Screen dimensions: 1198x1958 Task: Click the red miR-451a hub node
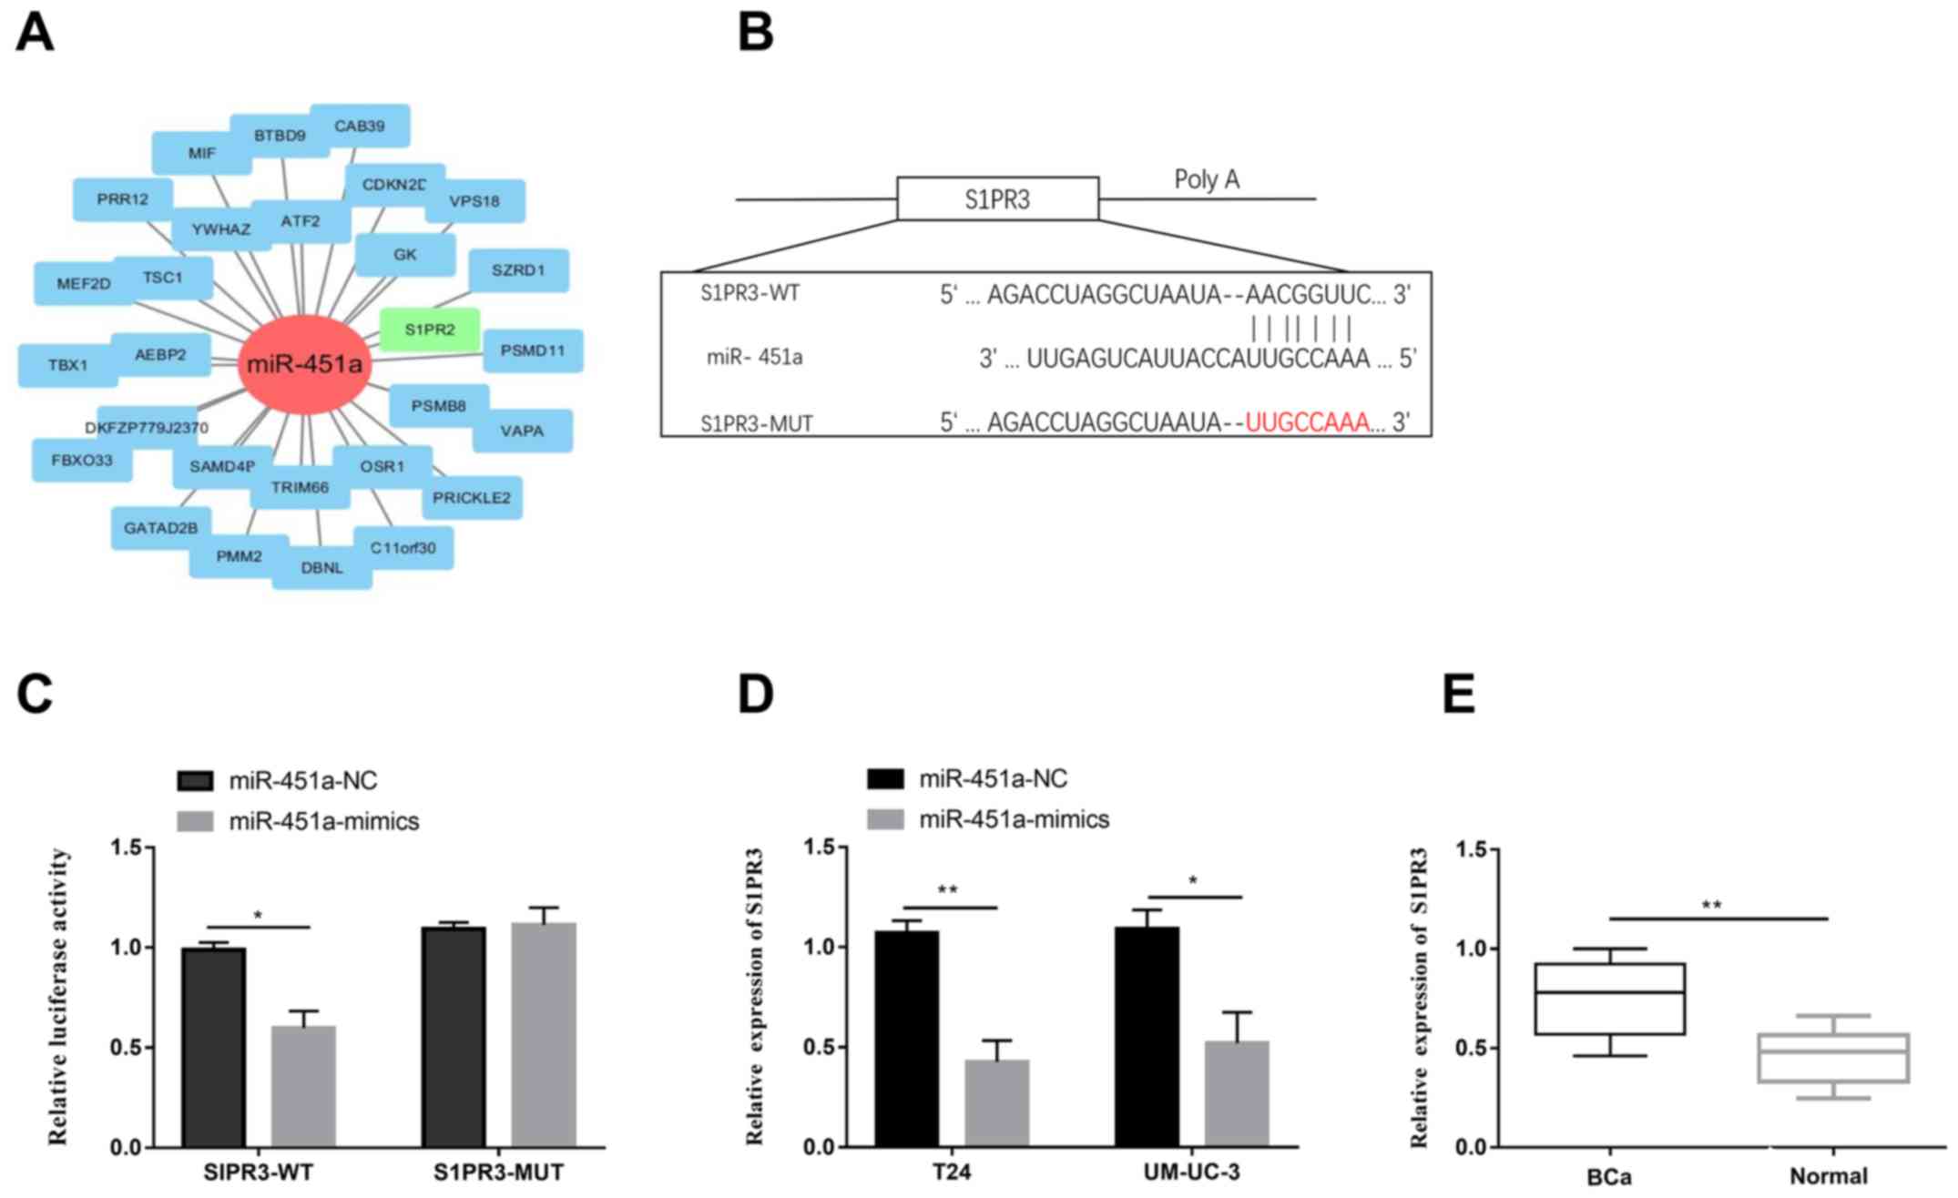click(304, 365)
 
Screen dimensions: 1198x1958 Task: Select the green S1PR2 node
click(430, 330)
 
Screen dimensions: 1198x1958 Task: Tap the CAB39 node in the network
click(360, 126)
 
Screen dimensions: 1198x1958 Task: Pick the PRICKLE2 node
click(472, 498)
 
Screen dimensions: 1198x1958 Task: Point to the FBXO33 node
click(82, 461)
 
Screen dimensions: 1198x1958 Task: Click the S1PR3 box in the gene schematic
click(997, 198)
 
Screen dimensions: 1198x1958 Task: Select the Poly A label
click(1207, 179)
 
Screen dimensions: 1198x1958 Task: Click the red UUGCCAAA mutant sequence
click(1307, 422)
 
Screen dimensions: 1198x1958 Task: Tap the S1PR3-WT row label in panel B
click(750, 293)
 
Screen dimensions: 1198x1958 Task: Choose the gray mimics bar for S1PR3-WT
click(303, 1085)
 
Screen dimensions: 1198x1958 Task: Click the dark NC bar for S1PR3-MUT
click(454, 1036)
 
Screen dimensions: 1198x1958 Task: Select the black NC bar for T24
click(906, 1038)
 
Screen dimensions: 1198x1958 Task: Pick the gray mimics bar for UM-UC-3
click(1236, 1092)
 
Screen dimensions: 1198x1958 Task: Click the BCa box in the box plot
click(1609, 999)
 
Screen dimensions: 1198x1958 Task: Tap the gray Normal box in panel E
click(1832, 1058)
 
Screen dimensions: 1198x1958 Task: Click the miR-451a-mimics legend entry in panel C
click(323, 821)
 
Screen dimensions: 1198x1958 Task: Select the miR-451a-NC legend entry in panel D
click(993, 779)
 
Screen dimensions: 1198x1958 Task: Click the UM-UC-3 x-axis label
click(1191, 1173)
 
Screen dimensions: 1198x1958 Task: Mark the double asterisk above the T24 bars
click(947, 890)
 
